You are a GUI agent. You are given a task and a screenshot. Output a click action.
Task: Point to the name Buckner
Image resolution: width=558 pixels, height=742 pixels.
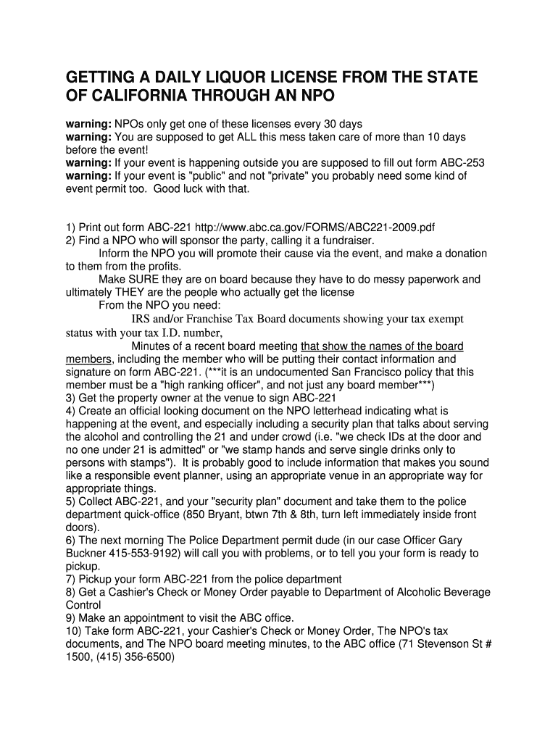(x=86, y=553)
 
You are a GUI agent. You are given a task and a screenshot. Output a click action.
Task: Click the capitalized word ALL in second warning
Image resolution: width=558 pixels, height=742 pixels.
(x=226, y=137)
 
